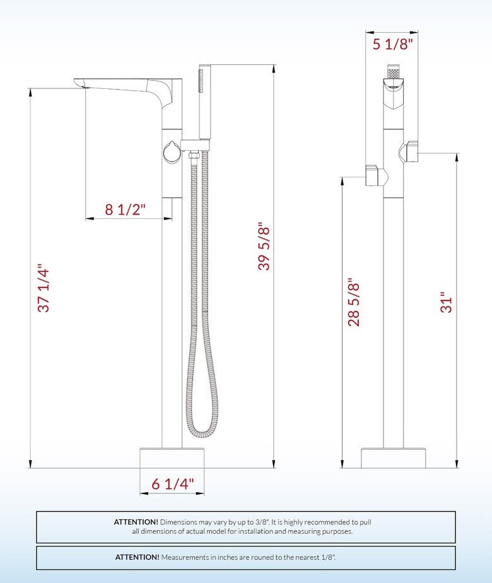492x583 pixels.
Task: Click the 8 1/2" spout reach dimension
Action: pyautogui.click(x=125, y=209)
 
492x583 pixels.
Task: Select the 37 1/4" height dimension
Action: pyautogui.click(x=44, y=288)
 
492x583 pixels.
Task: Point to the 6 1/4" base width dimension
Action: pyautogui.click(x=173, y=484)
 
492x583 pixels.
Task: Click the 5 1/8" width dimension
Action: pyautogui.click(x=392, y=44)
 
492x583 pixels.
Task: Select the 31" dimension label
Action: pyautogui.click(x=447, y=302)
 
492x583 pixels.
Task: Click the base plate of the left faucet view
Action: pyautogui.click(x=172, y=457)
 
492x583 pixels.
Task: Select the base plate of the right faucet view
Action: pyautogui.click(x=393, y=458)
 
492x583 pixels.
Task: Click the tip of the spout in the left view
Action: pyautogui.click(x=79, y=83)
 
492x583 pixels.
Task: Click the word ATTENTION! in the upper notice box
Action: pyautogui.click(x=136, y=522)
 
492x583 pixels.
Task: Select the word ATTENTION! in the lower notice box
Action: pyautogui.click(x=137, y=557)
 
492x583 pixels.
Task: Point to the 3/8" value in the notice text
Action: pyautogui.click(x=259, y=522)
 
